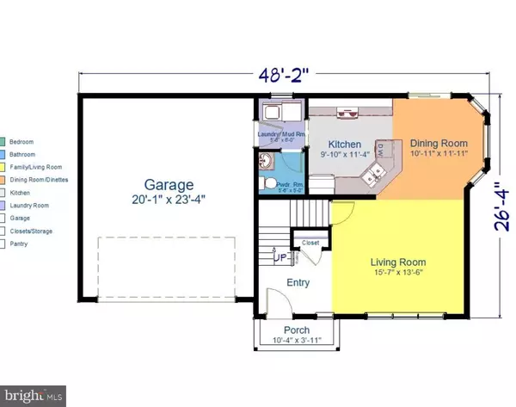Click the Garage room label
coord(169,184)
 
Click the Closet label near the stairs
coord(310,244)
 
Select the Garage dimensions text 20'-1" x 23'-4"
coord(169,200)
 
